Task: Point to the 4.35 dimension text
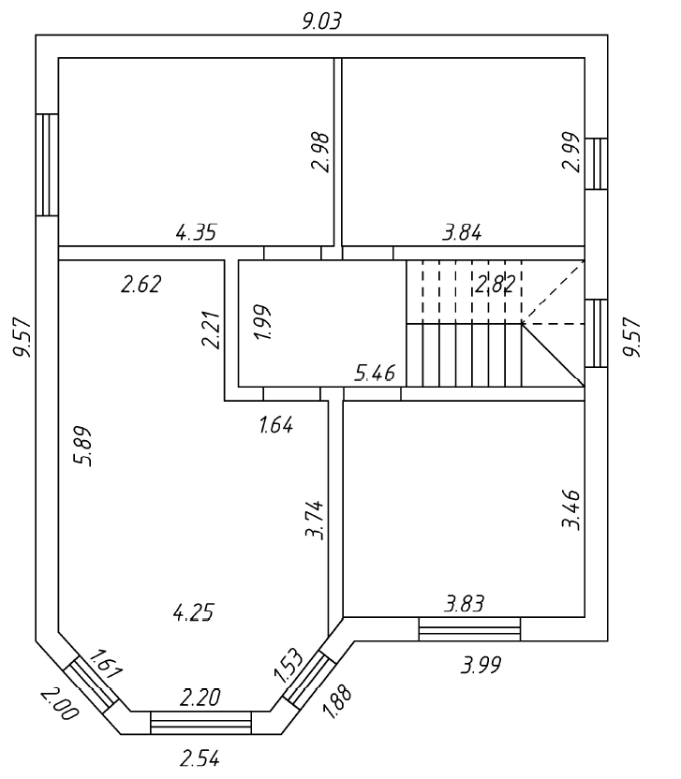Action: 197,232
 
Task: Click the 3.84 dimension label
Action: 462,233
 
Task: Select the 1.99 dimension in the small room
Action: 263,322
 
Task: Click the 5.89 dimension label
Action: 81,447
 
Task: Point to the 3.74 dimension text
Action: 316,520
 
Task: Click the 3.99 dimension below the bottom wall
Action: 481,666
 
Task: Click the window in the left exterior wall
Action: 47,164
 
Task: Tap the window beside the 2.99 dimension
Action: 596,164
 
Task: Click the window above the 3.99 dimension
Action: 468,629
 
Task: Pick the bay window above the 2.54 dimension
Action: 200,723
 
